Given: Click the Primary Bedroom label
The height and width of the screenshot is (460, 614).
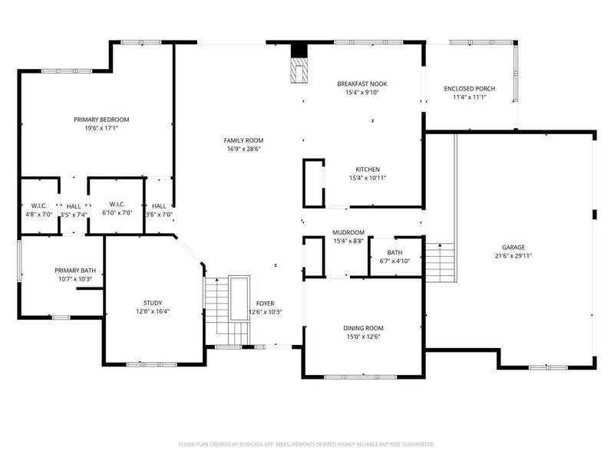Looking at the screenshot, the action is [x=101, y=120].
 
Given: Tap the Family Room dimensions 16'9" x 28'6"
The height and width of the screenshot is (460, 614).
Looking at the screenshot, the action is [x=243, y=149].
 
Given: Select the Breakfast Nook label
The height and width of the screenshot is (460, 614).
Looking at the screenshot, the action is [x=362, y=84].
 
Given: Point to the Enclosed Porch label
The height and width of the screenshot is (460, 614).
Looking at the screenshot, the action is [x=470, y=89].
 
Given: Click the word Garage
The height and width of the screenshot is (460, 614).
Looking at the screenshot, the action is [x=513, y=247].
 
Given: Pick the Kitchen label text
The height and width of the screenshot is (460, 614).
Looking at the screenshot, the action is [x=368, y=169].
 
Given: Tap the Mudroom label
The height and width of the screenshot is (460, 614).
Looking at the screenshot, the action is [x=348, y=232].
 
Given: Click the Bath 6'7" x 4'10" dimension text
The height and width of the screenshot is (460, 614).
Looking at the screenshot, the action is [x=394, y=261].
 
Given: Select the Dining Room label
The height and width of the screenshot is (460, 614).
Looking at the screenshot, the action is [x=363, y=328].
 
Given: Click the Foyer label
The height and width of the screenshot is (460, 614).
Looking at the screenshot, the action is [x=265, y=304].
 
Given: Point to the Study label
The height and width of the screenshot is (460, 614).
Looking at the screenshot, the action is [x=153, y=303].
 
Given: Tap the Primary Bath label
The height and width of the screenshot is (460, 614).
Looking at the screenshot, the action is [x=75, y=271].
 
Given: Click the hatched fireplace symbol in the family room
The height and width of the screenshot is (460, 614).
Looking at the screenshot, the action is [x=299, y=71].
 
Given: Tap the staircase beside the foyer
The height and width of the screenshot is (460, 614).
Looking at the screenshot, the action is [x=227, y=310].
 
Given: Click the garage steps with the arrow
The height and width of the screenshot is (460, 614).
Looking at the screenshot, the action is [x=440, y=262].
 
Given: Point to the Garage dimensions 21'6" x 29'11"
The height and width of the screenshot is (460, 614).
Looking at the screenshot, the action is [x=513, y=256].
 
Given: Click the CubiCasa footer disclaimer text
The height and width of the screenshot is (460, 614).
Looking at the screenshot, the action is [x=306, y=445].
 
